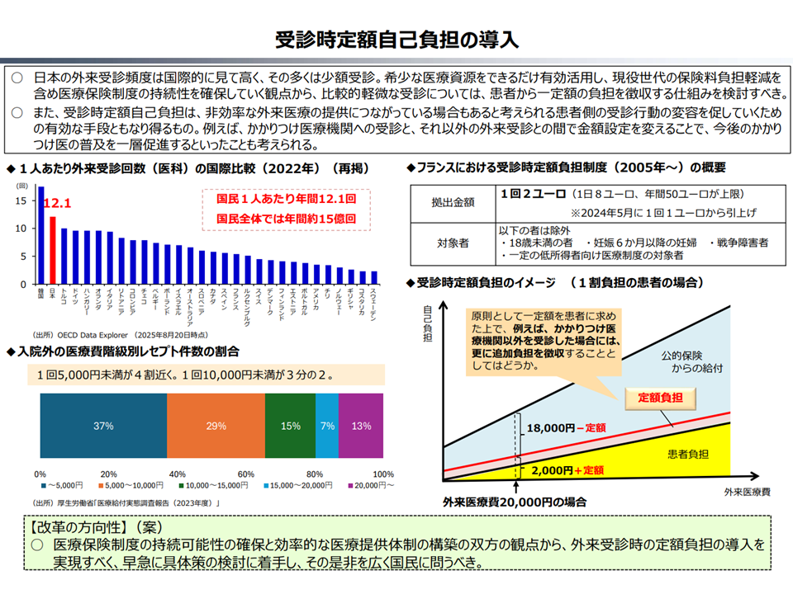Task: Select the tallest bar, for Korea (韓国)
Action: point(41,236)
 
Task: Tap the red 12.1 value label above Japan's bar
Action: point(58,203)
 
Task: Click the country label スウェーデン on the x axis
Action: point(374,304)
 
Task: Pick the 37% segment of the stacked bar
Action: point(103,427)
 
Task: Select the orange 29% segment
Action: point(216,427)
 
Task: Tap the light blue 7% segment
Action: point(327,427)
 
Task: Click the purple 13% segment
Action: point(361,427)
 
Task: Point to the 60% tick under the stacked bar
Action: point(246,474)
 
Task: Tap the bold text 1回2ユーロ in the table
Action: point(532,194)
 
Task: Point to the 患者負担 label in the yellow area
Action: point(688,455)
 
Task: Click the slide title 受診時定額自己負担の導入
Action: point(396,40)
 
